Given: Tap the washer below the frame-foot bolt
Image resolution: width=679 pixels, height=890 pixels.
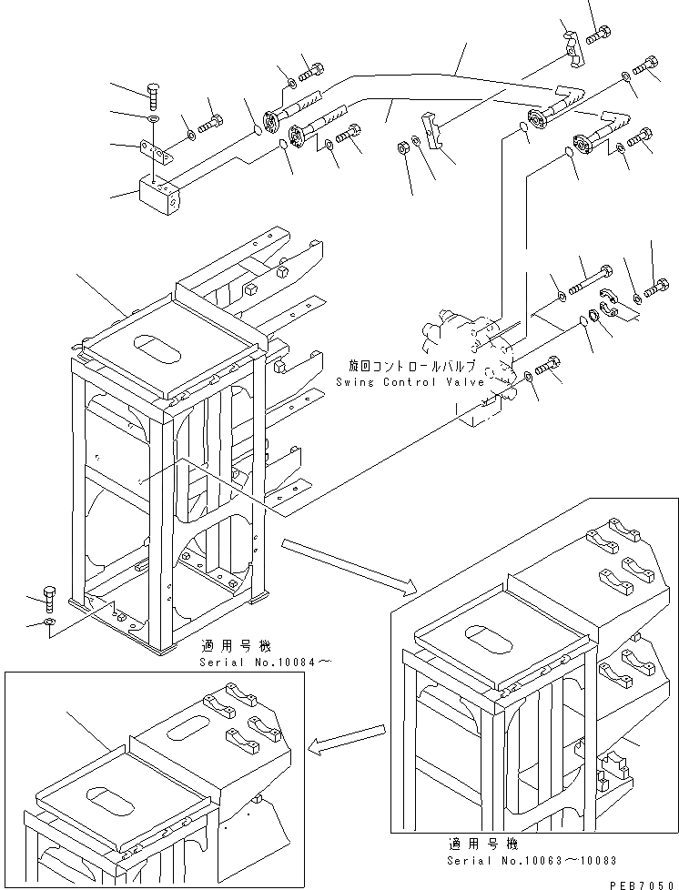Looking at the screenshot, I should coord(47,623).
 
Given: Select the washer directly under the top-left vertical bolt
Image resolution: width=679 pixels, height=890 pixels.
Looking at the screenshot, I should coord(152,118).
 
